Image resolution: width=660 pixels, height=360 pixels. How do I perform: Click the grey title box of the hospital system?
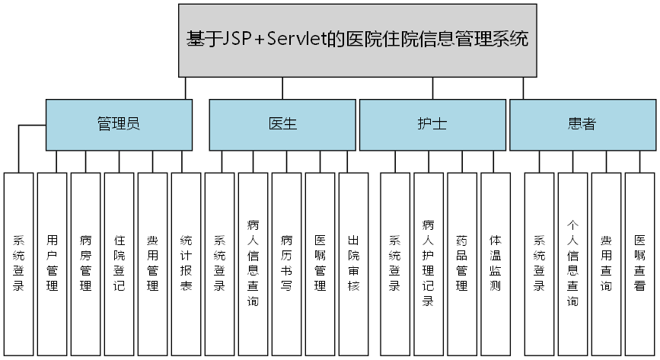356,40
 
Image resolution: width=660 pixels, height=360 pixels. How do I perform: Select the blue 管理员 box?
119,124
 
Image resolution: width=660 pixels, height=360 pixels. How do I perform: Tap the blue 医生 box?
282,124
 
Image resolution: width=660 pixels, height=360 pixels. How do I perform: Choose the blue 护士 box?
432,124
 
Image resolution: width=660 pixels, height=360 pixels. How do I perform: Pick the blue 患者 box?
582,124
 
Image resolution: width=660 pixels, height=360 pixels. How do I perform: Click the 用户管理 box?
52,263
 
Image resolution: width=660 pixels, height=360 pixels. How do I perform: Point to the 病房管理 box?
85,263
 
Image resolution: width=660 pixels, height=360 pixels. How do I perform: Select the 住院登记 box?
119,263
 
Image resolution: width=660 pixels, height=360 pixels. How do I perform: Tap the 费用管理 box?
152,263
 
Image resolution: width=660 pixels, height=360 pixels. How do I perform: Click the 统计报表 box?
186,263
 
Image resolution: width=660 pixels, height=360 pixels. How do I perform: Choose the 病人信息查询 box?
253,263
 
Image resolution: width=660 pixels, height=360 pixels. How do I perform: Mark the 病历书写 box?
286,263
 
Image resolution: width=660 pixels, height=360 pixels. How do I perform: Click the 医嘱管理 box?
320,263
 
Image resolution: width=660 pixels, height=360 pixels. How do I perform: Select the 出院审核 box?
353,263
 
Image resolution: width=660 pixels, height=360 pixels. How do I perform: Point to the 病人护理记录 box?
429,263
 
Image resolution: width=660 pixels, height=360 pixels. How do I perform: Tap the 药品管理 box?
462,263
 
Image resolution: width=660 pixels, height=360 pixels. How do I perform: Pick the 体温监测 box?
496,263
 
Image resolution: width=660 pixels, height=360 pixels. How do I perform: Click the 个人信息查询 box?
572,263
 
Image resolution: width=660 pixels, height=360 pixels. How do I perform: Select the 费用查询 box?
606,263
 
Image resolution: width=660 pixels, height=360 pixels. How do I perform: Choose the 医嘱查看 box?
639,263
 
